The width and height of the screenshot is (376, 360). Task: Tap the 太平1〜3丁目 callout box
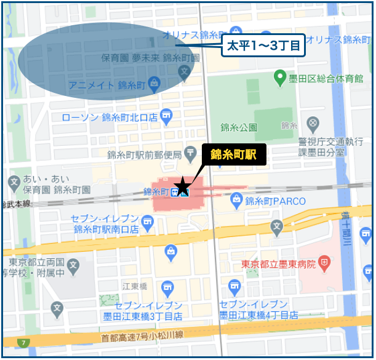[x=264, y=46]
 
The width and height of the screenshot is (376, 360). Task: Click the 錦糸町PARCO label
[x=271, y=200]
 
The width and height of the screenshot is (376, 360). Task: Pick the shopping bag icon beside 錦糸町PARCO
[x=237, y=199]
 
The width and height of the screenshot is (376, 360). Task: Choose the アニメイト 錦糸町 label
[x=108, y=83]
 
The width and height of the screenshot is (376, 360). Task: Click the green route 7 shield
[x=23, y=342]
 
